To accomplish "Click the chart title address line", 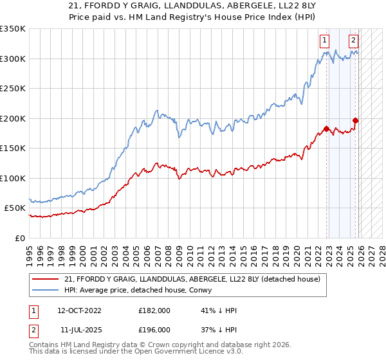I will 193,6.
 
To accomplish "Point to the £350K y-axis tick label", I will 13,29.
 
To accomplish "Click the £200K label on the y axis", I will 13,118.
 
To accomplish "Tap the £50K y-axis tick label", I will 15,208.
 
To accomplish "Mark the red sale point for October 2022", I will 326,129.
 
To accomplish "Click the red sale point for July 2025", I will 355,120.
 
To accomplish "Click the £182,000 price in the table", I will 154,310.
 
